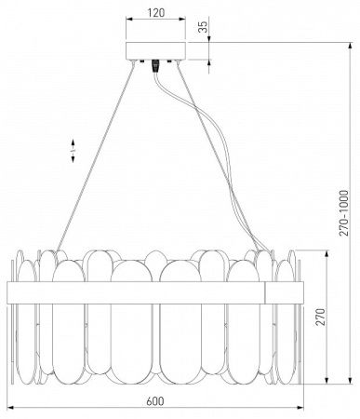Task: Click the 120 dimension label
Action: click(155, 12)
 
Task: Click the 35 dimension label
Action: click(203, 27)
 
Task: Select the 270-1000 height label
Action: click(343, 213)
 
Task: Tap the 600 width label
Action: click(155, 401)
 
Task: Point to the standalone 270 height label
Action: click(322, 317)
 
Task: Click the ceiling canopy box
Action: click(155, 50)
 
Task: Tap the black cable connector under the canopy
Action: click(154, 66)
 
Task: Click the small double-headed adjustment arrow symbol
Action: click(73, 151)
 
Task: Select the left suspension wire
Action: click(95, 156)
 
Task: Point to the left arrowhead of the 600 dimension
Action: click(10, 407)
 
